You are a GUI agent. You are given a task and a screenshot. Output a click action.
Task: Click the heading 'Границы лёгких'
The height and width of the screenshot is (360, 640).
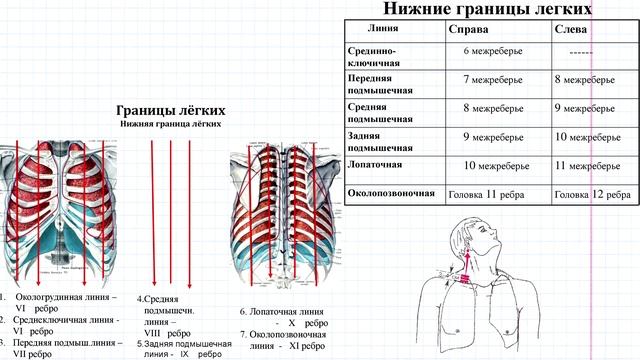[171, 110]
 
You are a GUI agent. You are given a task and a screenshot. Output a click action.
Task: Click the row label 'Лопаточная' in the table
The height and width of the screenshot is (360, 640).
[375, 162]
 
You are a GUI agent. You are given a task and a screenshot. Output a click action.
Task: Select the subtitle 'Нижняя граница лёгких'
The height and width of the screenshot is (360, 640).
[171, 124]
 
